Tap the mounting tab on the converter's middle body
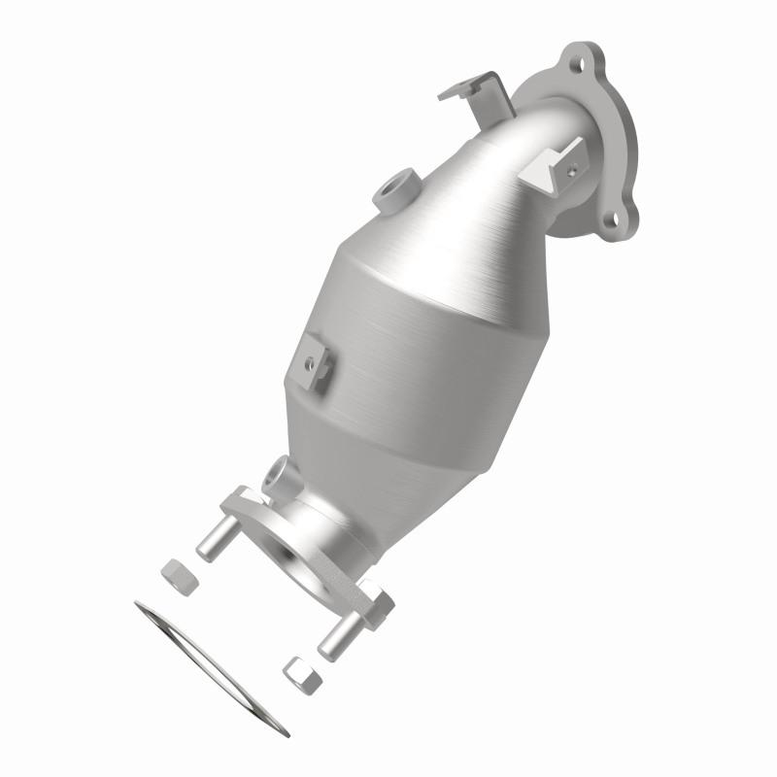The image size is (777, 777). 317,363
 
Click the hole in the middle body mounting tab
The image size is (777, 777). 310,364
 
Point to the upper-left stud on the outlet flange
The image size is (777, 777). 215,541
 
